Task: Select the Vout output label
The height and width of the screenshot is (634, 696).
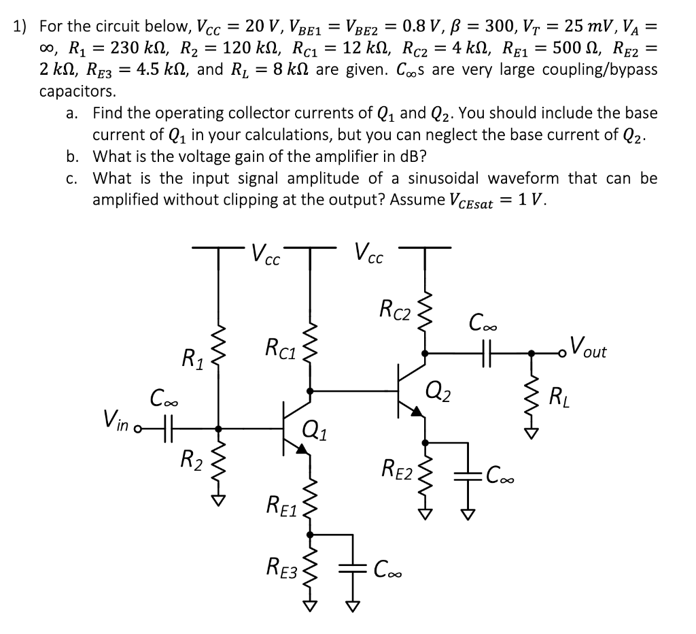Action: [588, 347]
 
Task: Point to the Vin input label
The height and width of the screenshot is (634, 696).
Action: [116, 420]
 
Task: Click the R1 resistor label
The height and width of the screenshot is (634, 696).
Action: [193, 359]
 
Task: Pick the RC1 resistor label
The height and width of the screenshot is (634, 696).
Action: [280, 348]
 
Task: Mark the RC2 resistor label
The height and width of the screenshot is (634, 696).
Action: [396, 310]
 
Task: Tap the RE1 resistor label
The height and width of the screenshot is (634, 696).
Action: [282, 507]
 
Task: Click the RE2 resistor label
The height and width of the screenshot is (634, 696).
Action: [398, 469]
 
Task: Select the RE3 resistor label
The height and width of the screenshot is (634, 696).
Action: [281, 568]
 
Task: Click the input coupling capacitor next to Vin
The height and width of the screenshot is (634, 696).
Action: [168, 429]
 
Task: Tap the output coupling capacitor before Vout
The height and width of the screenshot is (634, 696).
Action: [487, 353]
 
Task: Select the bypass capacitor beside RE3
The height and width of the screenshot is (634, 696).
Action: [353, 569]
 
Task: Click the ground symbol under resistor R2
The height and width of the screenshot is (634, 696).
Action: [218, 501]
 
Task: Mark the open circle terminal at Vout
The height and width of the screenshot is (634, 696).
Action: [563, 354]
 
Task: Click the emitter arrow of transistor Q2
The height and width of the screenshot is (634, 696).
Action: [417, 411]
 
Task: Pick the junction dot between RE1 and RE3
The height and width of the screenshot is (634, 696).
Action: [310, 535]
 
